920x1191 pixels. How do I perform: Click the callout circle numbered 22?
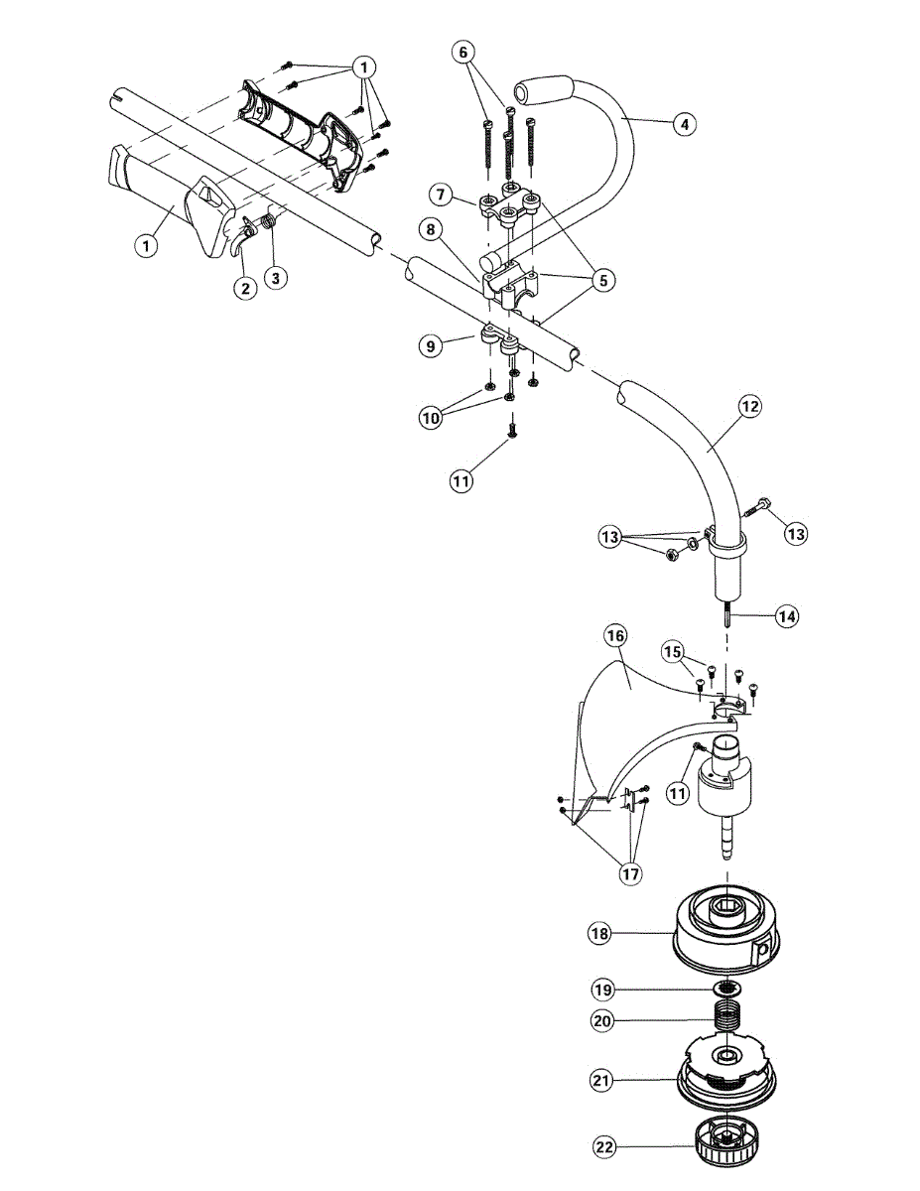click(x=604, y=1147)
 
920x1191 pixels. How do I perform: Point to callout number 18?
click(x=598, y=933)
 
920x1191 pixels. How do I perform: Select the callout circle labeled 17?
click(x=630, y=873)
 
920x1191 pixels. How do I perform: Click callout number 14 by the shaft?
click(x=787, y=616)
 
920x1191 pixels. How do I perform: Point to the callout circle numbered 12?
click(x=749, y=405)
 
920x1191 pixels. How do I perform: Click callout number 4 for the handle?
click(x=683, y=124)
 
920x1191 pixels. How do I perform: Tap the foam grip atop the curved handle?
click(x=541, y=90)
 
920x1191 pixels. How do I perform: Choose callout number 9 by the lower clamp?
click(x=428, y=345)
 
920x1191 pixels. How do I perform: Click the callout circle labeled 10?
click(x=430, y=419)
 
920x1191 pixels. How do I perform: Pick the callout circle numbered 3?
click(x=277, y=278)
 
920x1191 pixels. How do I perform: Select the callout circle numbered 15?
click(x=673, y=651)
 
